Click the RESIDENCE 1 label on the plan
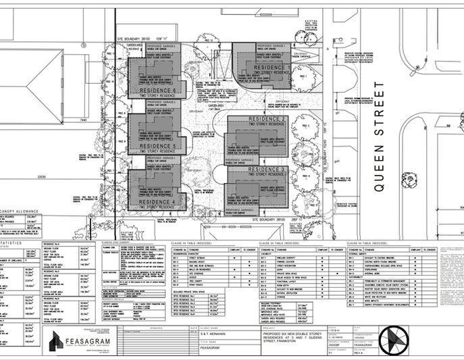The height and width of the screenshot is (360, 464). click(x=272, y=68)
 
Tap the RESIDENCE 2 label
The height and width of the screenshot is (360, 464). click(x=267, y=119)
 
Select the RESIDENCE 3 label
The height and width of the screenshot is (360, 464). click(x=267, y=169)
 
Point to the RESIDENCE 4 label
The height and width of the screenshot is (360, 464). click(x=155, y=203)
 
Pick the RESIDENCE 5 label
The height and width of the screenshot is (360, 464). click(x=155, y=146)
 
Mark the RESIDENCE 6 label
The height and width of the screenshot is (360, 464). click(x=155, y=91)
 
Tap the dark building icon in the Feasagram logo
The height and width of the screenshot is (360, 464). click(x=57, y=339)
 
